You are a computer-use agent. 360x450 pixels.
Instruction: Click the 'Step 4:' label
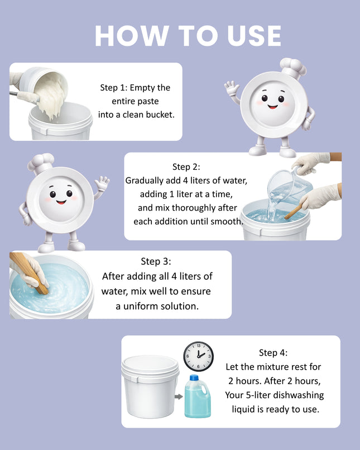pos(274,352)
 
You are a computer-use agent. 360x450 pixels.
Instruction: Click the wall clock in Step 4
pos(198,356)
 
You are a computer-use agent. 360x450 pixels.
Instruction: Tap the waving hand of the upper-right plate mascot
pos(231,88)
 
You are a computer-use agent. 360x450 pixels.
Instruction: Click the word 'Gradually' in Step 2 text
pos(145,180)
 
